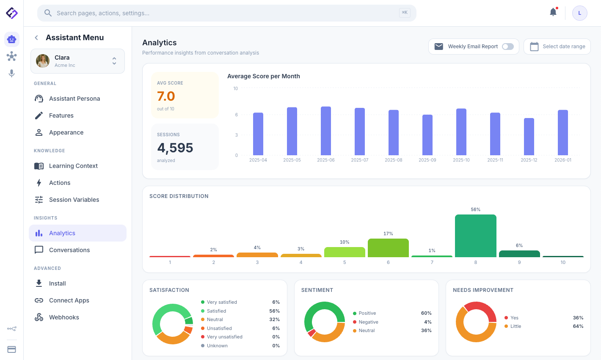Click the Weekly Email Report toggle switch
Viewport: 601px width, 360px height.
click(x=507, y=47)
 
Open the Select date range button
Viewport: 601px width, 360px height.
click(x=557, y=47)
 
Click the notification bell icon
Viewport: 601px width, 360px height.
click(x=553, y=12)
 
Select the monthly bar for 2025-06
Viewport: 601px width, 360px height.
click(x=325, y=131)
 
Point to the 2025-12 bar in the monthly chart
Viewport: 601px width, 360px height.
click(x=529, y=137)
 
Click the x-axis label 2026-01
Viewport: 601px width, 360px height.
click(x=562, y=160)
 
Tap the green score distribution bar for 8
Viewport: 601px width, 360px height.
click(x=475, y=236)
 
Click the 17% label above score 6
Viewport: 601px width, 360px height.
click(x=388, y=234)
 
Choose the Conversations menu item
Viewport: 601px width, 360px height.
click(x=69, y=250)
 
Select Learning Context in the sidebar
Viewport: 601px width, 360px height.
click(x=73, y=166)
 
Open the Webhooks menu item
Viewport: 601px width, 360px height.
click(x=64, y=317)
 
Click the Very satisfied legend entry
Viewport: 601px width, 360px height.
click(x=222, y=302)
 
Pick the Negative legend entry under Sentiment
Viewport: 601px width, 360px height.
click(x=368, y=322)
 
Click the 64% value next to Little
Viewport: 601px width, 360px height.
click(x=578, y=326)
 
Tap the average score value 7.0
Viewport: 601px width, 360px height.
click(x=166, y=96)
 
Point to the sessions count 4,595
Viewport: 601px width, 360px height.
click(x=175, y=148)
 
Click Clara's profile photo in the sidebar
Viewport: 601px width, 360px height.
click(x=43, y=61)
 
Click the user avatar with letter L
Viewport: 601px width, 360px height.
click(x=579, y=13)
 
